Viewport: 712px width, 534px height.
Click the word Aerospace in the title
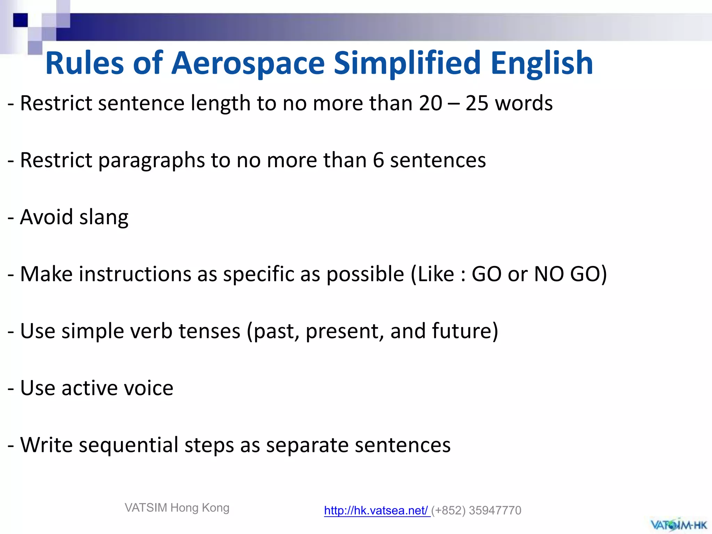pos(248,63)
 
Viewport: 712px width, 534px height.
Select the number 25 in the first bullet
pos(477,103)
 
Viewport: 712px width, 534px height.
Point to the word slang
pos(104,217)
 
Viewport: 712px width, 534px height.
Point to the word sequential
pos(128,445)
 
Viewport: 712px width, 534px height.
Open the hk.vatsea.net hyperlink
pos(377,510)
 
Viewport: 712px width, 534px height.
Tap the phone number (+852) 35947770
pos(476,510)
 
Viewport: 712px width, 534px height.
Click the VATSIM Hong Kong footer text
pos(177,508)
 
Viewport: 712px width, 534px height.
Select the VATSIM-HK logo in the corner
pos(679,524)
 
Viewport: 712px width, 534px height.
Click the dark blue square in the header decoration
pos(20,20)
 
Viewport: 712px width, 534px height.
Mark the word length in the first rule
pos(220,104)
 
